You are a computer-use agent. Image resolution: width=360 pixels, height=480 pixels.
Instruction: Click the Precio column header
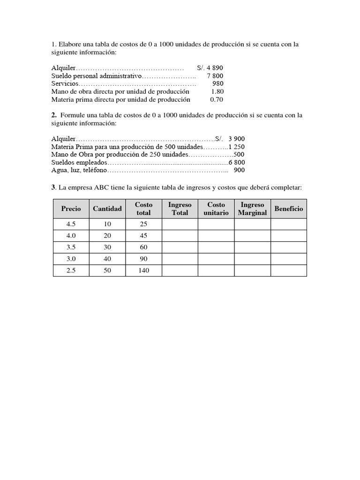pyautogui.click(x=71, y=209)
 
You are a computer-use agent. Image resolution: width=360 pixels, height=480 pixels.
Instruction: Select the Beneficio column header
pyautogui.click(x=289, y=209)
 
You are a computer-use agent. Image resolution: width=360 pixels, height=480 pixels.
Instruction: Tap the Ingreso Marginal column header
pyautogui.click(x=252, y=209)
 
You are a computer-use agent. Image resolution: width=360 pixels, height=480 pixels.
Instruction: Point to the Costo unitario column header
pyautogui.click(x=216, y=209)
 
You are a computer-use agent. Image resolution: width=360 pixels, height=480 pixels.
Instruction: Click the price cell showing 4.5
pyautogui.click(x=71, y=224)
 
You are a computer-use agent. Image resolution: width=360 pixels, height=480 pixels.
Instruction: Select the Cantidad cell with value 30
pyautogui.click(x=107, y=247)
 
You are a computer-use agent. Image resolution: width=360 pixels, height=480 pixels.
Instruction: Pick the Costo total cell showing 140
pyautogui.click(x=143, y=270)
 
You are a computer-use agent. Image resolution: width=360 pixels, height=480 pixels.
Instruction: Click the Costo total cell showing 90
pyautogui.click(x=143, y=259)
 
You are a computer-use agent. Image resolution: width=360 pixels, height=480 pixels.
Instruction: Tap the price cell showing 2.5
pyautogui.click(x=71, y=270)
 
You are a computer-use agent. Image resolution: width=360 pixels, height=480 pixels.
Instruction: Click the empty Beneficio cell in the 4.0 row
pyautogui.click(x=289, y=236)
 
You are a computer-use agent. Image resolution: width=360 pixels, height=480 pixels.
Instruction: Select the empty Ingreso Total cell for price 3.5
pyautogui.click(x=180, y=247)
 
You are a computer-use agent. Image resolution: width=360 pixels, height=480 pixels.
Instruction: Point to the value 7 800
pyautogui.click(x=215, y=75)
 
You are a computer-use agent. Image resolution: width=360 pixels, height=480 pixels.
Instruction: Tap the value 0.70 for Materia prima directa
pyautogui.click(x=217, y=99)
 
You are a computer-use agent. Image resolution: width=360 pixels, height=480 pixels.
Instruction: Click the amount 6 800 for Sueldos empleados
pyautogui.click(x=236, y=162)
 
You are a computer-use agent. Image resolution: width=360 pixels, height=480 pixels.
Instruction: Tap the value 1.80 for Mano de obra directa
pyautogui.click(x=217, y=91)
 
